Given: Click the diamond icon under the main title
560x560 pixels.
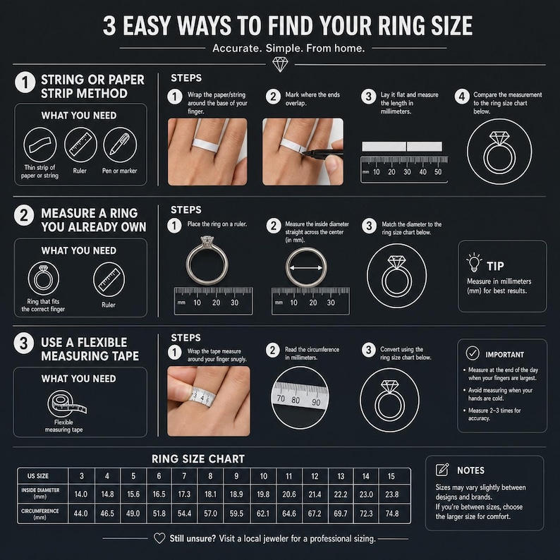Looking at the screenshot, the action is tap(280, 65).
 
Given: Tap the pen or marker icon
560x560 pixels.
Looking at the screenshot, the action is tap(120, 145).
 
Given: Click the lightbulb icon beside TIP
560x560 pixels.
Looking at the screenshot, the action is tap(474, 262).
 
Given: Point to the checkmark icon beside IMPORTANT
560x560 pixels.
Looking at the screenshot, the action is tap(473, 353).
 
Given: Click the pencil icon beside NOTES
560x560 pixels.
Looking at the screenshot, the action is tap(442, 470).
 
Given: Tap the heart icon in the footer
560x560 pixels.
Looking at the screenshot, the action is tap(159, 538).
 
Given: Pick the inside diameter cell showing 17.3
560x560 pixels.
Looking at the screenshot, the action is tap(184, 494).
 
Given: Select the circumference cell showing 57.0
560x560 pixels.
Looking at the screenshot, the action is tap(210, 513).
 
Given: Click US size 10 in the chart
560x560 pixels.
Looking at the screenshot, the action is tap(264, 476).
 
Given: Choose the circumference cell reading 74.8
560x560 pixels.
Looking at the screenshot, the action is tap(391, 513).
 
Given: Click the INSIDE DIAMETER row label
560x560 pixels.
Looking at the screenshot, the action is tap(40, 493).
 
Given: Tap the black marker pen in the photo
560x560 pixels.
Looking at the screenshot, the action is tap(322, 154).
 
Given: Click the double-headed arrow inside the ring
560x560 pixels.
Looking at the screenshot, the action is tap(306, 268).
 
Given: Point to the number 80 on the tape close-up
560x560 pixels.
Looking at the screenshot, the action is tap(296, 400).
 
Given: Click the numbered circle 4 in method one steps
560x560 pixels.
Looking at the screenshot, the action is tap(462, 97).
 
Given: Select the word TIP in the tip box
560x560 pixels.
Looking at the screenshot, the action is tap(495, 266).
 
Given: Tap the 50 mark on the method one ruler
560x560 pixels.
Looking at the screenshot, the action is tap(438, 172).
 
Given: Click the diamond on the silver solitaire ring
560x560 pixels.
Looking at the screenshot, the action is tap(207, 241).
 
